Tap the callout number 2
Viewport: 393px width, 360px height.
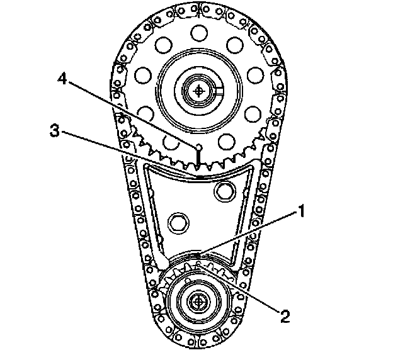[x=286, y=315]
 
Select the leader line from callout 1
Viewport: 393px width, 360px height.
[x=252, y=233]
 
